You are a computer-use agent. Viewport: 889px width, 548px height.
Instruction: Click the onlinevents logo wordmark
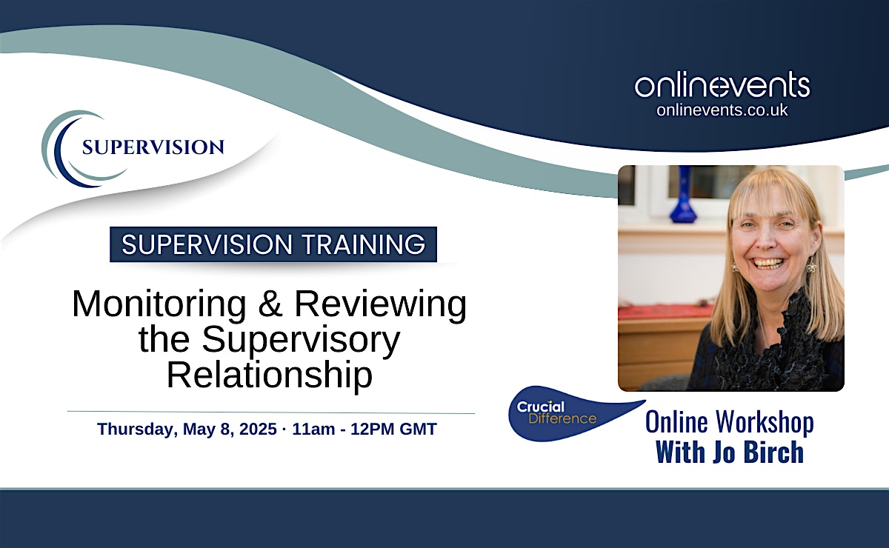pos(722,85)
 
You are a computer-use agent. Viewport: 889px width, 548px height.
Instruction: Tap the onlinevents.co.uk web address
pos(722,110)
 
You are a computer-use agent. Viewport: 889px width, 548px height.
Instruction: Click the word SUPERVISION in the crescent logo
pos(153,147)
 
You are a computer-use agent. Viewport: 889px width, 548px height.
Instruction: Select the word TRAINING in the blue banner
pos(364,244)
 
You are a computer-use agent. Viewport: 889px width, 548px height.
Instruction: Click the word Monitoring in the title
pos(159,304)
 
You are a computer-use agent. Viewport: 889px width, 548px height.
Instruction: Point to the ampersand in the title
pos(270,304)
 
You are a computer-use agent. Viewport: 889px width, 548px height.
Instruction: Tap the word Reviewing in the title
pos(381,304)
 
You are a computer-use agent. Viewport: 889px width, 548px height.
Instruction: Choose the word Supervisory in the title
pos(301,340)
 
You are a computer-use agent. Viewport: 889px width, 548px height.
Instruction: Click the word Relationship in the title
pos(270,375)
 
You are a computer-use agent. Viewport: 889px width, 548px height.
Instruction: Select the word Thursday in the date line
pos(136,430)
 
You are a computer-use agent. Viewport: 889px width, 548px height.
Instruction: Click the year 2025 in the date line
pos(258,429)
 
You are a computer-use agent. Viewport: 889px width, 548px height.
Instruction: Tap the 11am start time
pos(313,430)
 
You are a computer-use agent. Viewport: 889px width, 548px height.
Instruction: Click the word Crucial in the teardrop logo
pos(541,407)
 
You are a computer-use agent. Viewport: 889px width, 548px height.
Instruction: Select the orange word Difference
pos(562,418)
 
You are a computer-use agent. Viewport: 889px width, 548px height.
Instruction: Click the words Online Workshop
pos(730,422)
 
